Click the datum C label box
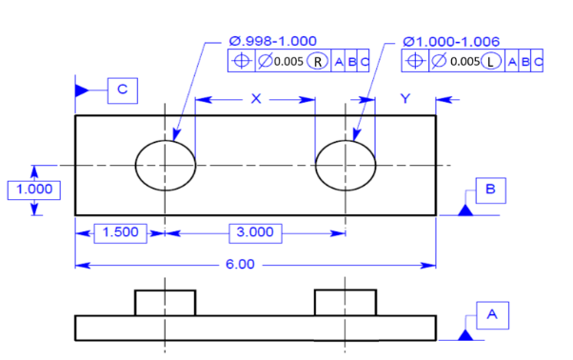point(123,90)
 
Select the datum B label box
point(491,190)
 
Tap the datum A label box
point(492,315)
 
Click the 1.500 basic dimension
point(121,233)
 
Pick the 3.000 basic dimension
point(255,233)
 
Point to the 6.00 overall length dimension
point(240,264)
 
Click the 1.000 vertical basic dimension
point(34,190)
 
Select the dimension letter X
point(256,99)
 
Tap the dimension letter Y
point(405,99)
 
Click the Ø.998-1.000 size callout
point(272,41)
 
